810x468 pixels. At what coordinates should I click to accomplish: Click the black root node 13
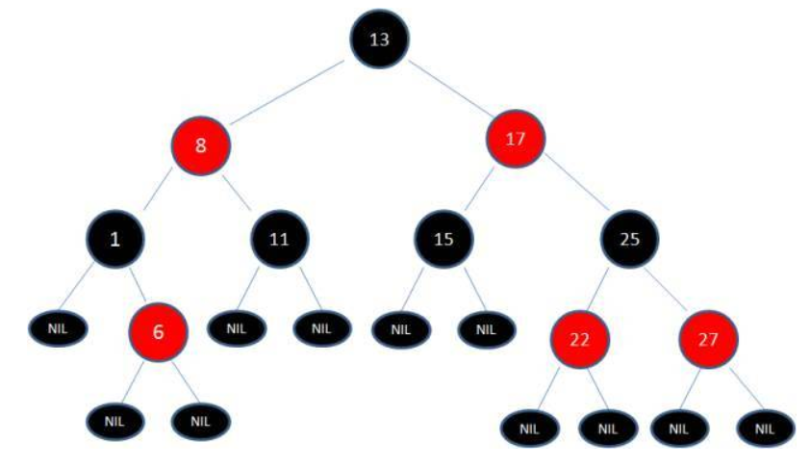point(380,39)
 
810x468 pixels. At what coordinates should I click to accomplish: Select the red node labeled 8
point(200,145)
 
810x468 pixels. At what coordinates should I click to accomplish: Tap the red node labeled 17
point(516,139)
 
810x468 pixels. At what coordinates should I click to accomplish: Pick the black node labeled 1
point(114,239)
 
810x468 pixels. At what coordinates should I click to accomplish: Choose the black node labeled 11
point(280,239)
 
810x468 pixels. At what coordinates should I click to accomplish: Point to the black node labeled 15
point(443,239)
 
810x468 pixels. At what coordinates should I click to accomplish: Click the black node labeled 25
point(629,239)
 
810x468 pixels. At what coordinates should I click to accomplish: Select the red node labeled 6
point(158,332)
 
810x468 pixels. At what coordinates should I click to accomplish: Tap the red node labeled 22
point(580,339)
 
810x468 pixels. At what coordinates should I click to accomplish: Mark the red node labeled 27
point(708,339)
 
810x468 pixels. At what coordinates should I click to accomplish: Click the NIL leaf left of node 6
point(58,328)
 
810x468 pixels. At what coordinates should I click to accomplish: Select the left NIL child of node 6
point(114,422)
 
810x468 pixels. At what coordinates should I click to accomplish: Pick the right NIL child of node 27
point(765,429)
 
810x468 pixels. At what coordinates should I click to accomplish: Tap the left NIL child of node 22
point(529,429)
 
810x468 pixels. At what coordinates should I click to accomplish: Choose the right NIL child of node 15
point(486,329)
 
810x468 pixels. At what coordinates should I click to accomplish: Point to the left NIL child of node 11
point(237,328)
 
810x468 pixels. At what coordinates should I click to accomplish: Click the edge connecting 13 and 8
point(287,92)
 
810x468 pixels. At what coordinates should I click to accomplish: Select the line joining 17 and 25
point(578,182)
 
